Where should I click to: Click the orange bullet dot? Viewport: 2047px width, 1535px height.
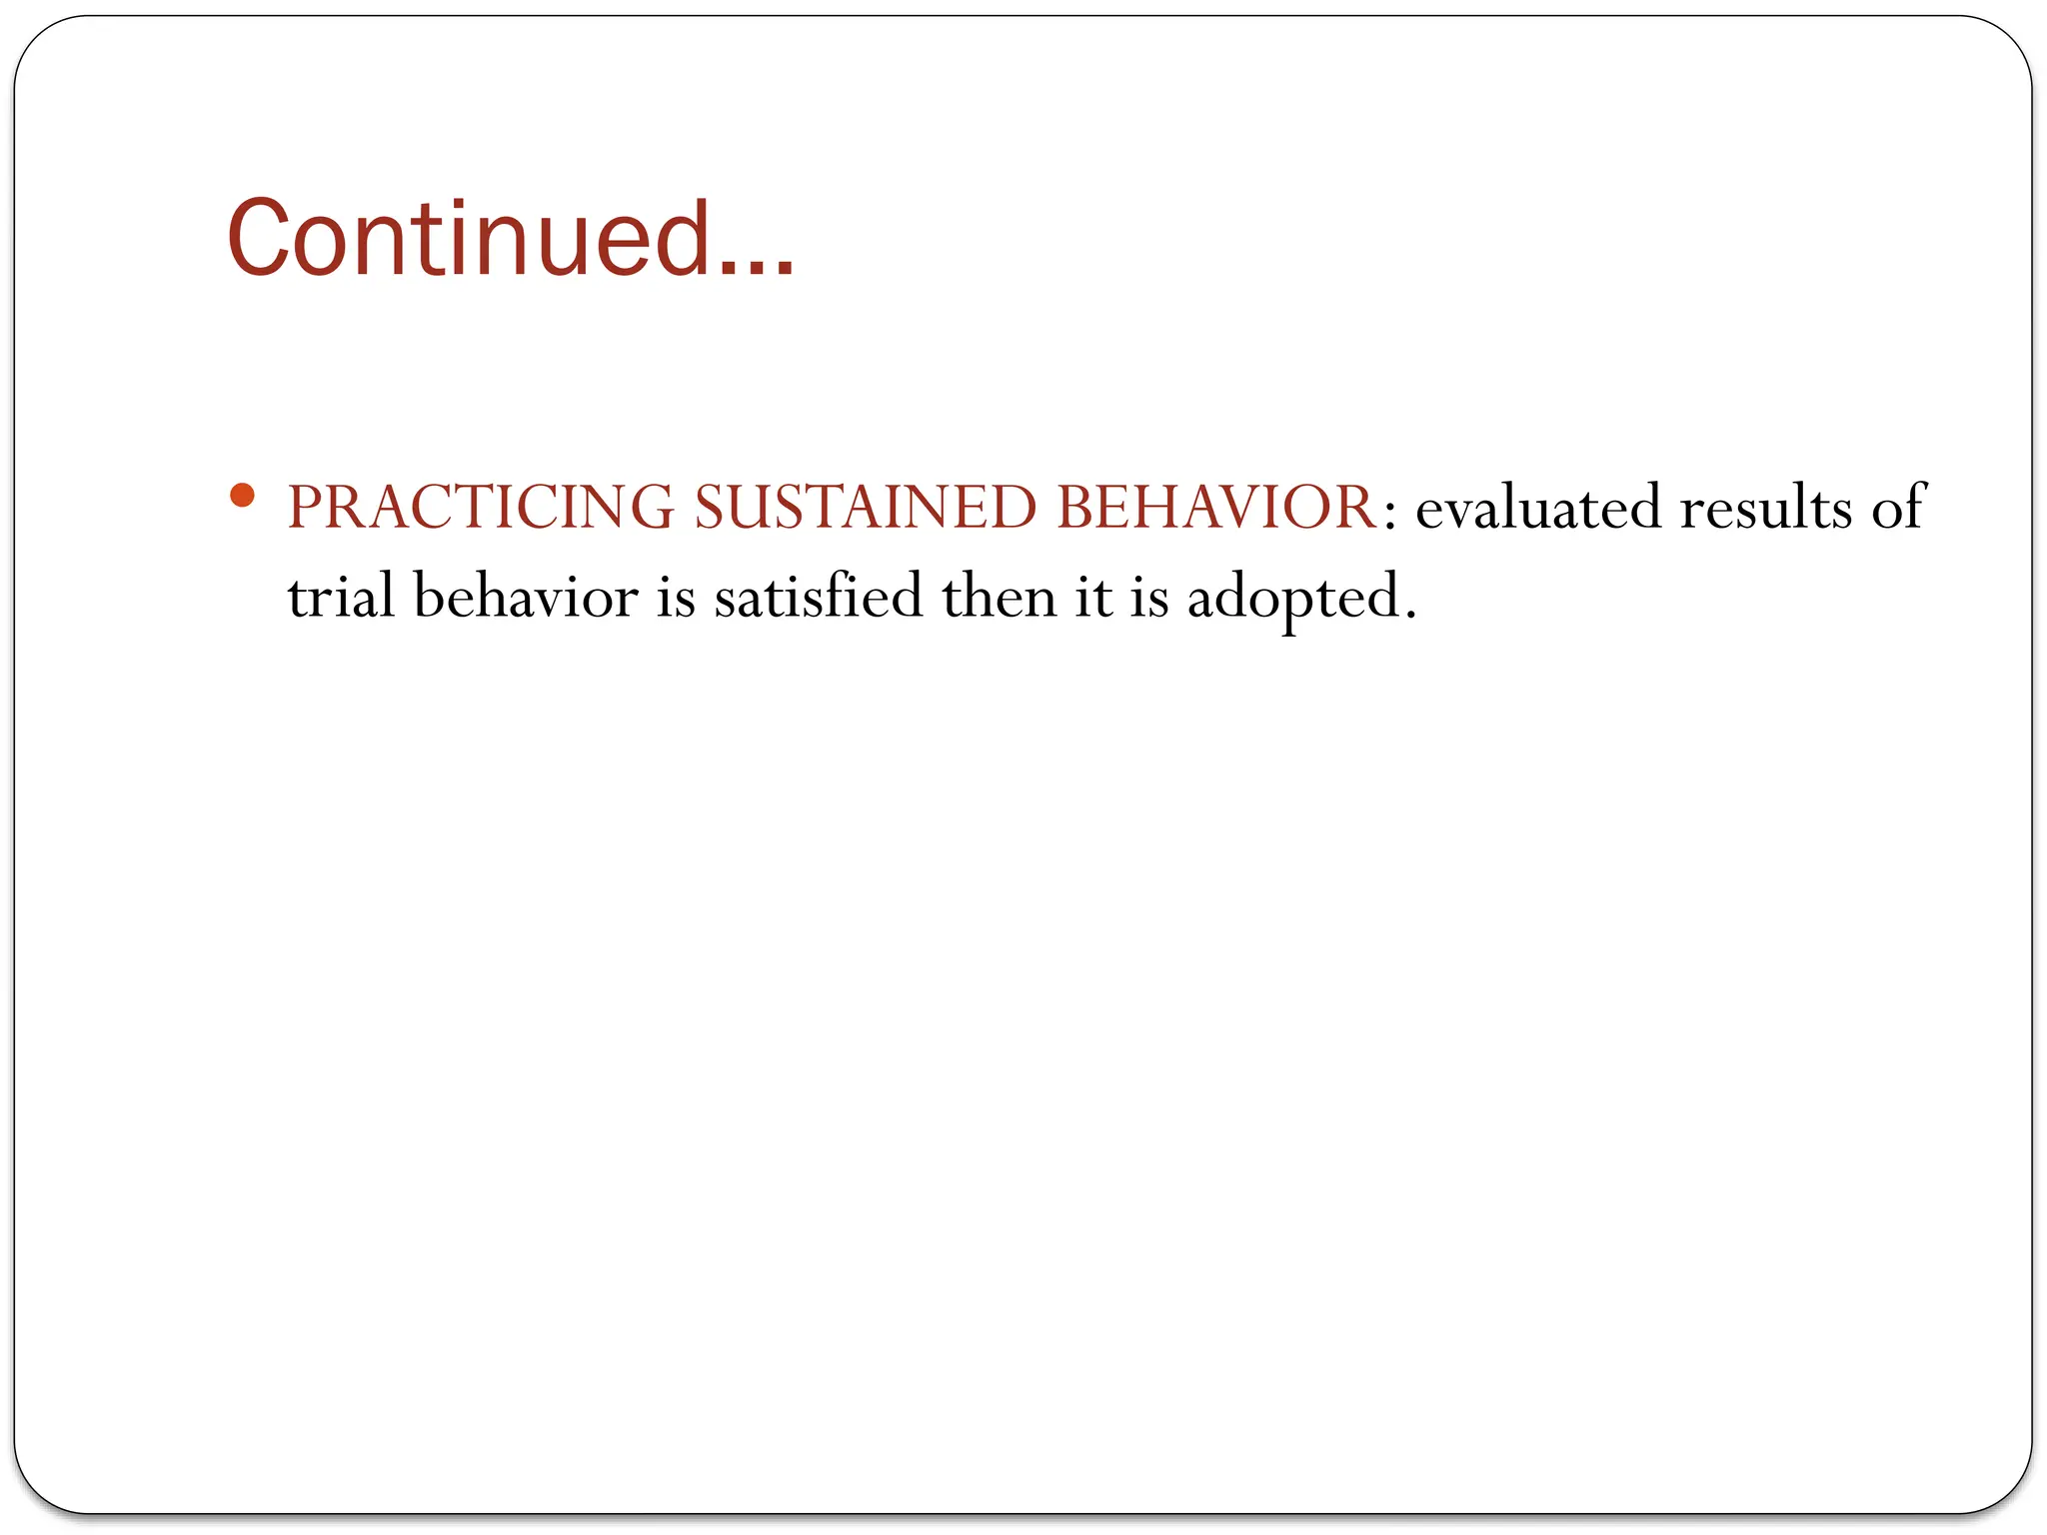[x=242, y=495]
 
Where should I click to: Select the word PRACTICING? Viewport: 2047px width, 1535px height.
[x=481, y=507]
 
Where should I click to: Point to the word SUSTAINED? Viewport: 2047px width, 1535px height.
[x=866, y=507]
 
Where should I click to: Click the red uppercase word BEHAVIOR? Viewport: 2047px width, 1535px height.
[x=1217, y=507]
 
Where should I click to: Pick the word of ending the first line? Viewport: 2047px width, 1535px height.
[x=1897, y=507]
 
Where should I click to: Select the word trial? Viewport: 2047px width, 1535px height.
[x=341, y=597]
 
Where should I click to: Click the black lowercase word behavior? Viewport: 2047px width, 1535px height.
[x=526, y=597]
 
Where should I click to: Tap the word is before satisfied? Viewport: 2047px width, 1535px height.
[x=676, y=597]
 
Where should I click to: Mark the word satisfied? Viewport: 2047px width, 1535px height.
[x=819, y=597]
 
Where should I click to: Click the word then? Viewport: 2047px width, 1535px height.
[x=999, y=597]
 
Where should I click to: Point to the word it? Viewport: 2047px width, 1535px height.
[x=1093, y=597]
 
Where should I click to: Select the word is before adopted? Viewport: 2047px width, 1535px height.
[x=1149, y=597]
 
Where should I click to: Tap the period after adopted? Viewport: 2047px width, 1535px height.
[x=1410, y=616]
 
